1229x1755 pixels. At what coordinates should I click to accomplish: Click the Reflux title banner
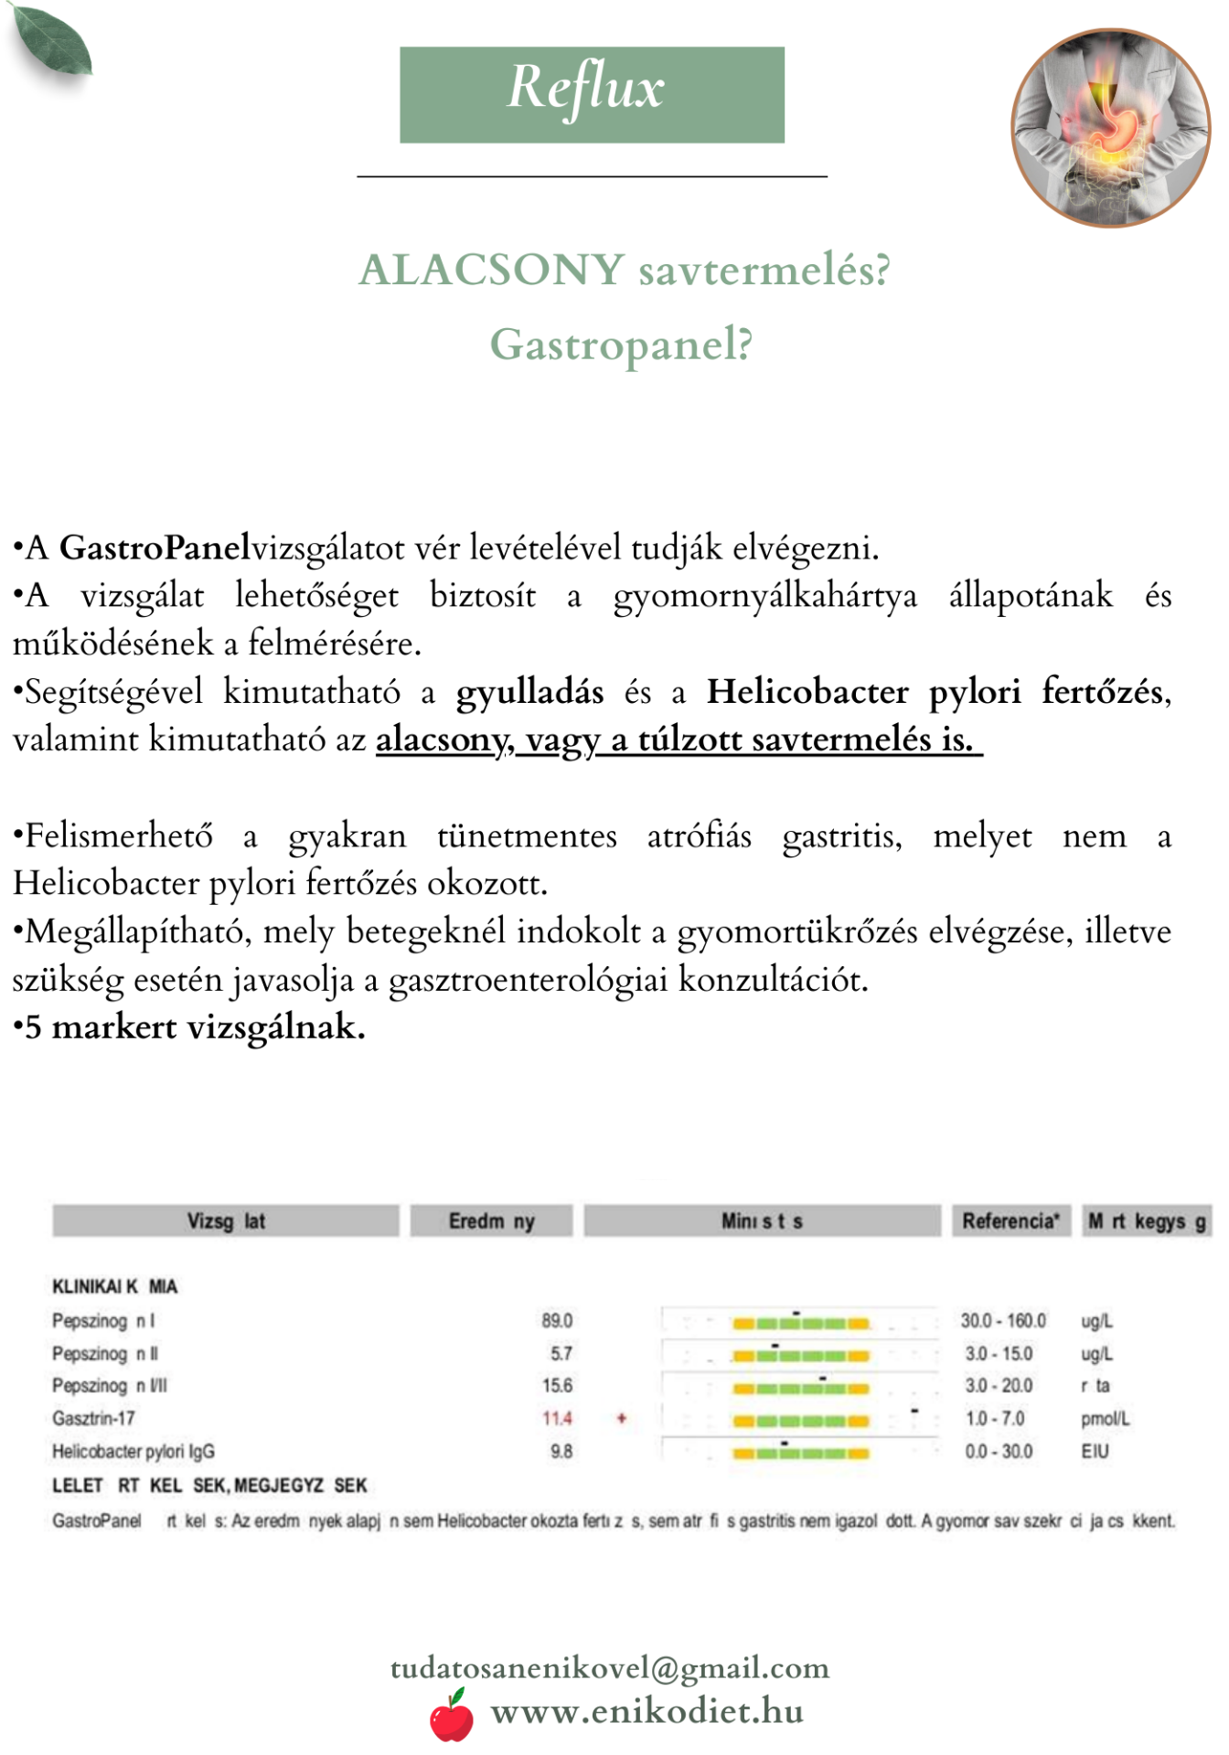pyautogui.click(x=592, y=94)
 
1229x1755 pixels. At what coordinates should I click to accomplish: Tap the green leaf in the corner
pyautogui.click(x=52, y=41)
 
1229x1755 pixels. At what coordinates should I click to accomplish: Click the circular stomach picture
pyautogui.click(x=1110, y=128)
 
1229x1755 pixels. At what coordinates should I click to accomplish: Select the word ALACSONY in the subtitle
pyautogui.click(x=492, y=270)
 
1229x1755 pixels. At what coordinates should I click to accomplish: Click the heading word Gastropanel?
pyautogui.click(x=621, y=346)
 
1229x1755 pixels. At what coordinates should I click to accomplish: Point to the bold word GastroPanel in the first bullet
pyautogui.click(x=155, y=548)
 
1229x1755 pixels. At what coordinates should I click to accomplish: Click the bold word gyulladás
pyautogui.click(x=529, y=692)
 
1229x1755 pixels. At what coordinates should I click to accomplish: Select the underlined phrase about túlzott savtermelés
pyautogui.click(x=679, y=739)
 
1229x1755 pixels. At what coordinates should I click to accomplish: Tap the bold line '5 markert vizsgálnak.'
pyautogui.click(x=189, y=1027)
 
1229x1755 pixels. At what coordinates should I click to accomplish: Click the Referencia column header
pyautogui.click(x=1010, y=1221)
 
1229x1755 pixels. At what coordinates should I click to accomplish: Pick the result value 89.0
pyautogui.click(x=557, y=1321)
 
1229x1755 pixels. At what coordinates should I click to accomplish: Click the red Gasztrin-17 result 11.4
pyautogui.click(x=557, y=1419)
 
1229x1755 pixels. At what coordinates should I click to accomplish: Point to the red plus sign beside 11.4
pyautogui.click(x=622, y=1419)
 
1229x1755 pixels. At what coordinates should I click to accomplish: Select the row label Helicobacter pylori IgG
pyautogui.click(x=134, y=1452)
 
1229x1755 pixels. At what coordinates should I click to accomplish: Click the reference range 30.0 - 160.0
pyautogui.click(x=1003, y=1321)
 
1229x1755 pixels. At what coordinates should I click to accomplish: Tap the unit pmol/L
pyautogui.click(x=1105, y=1419)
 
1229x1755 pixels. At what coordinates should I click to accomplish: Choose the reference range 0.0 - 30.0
pyautogui.click(x=999, y=1452)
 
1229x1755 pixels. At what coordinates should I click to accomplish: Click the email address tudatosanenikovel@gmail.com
pyautogui.click(x=610, y=1668)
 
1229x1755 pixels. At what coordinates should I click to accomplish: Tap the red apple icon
pyautogui.click(x=452, y=1717)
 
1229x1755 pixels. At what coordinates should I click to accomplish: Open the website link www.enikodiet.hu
pyautogui.click(x=647, y=1711)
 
